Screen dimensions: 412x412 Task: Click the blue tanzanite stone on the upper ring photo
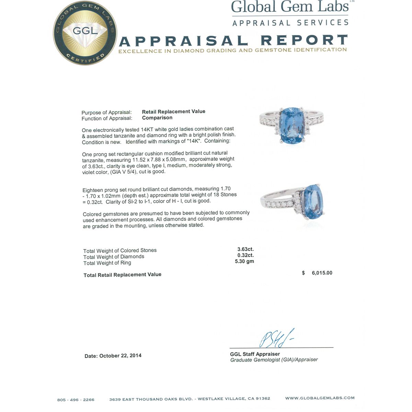[x=291, y=125]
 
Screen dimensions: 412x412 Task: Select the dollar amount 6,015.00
[x=322, y=273]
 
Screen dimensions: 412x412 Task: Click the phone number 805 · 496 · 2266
[x=76, y=399]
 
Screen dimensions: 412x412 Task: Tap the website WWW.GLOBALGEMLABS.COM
[x=320, y=398]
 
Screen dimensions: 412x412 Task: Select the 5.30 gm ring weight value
[x=244, y=261]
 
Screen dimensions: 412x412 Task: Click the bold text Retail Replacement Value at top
[x=173, y=112]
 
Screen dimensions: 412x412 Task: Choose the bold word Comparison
[x=157, y=118]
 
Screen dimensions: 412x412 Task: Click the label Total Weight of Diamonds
[x=114, y=257]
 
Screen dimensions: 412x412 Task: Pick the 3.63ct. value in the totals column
[x=245, y=249]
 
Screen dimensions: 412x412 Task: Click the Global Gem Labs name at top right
[x=290, y=7]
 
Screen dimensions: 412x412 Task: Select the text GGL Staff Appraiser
[x=255, y=354]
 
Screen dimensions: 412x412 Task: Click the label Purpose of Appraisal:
[x=106, y=112]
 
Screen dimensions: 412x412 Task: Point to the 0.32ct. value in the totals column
[x=245, y=255]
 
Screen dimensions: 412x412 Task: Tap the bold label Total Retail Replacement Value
[x=122, y=275]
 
